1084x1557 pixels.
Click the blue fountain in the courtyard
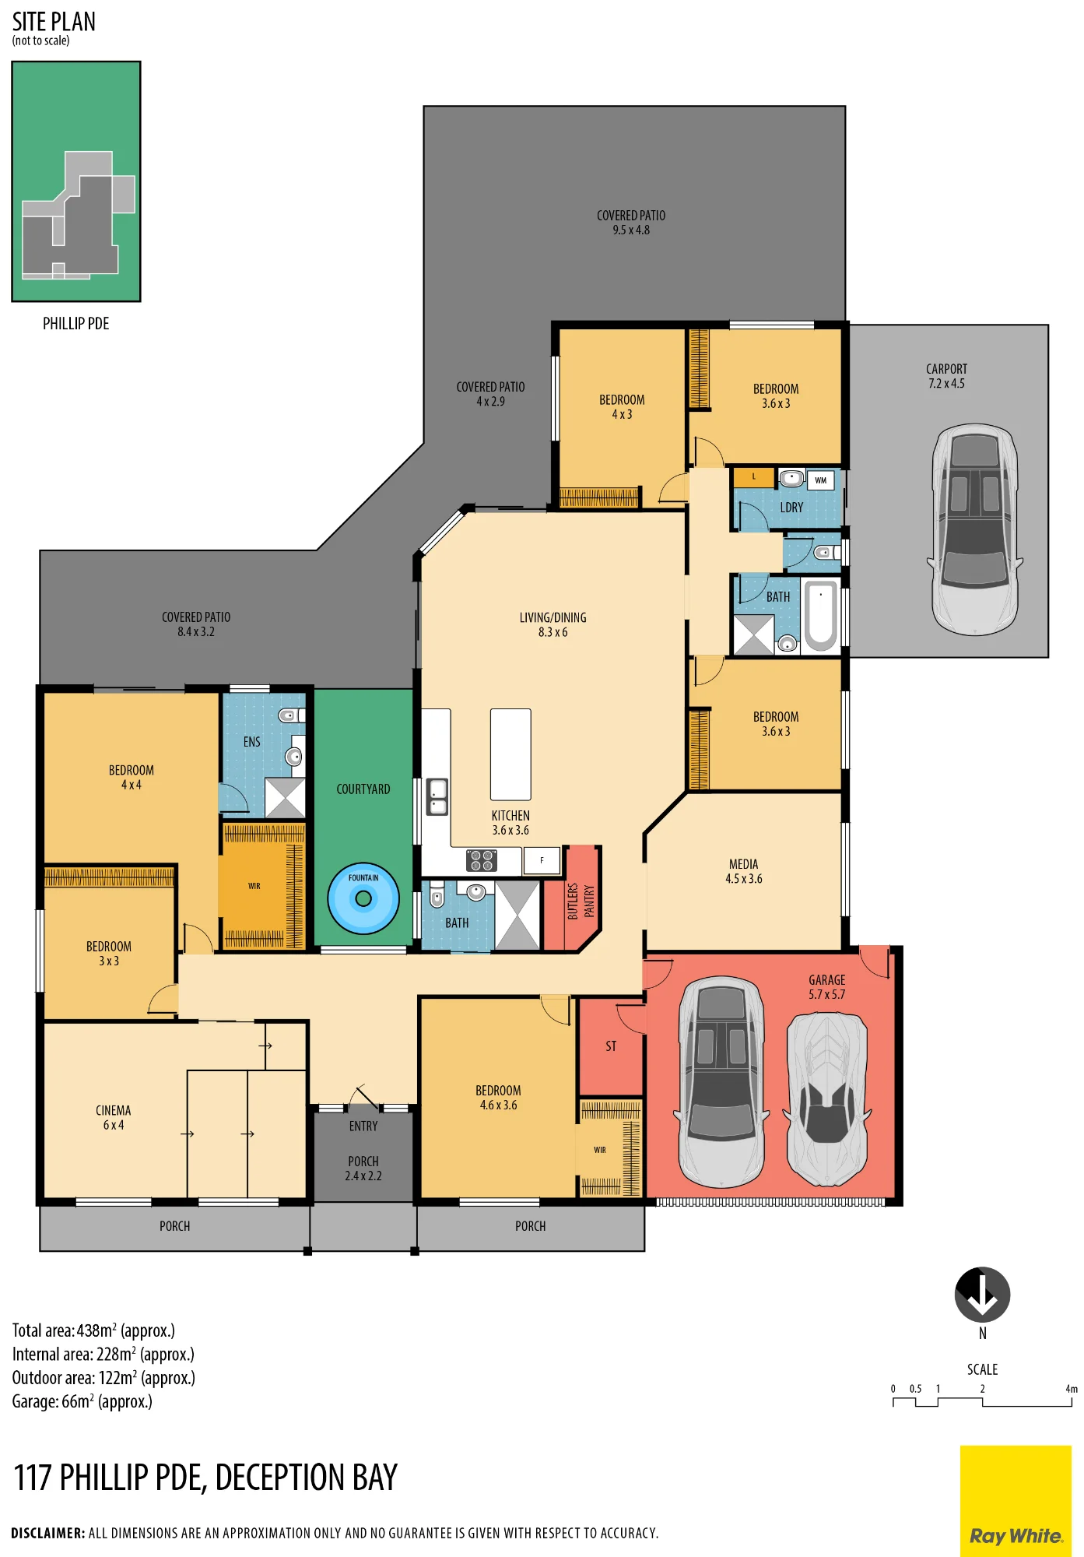coord(363,898)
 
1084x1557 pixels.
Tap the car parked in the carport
coord(975,529)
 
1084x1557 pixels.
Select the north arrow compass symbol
coord(982,1295)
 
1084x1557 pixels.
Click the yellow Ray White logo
coord(1016,1501)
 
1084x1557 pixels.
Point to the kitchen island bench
coord(510,754)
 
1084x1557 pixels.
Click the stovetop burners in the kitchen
coord(482,860)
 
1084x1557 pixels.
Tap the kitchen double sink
coord(437,796)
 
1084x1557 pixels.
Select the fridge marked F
coord(542,860)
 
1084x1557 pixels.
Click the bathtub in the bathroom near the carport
coord(820,615)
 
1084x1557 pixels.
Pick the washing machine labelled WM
coord(821,480)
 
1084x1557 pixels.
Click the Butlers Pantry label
coord(581,901)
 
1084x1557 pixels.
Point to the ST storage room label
coord(611,1046)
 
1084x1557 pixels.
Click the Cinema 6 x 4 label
coord(114,1117)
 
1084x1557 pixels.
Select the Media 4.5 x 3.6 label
coord(744,871)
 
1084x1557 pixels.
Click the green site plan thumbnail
coord(76,181)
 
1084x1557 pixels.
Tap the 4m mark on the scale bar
coord(1072,1389)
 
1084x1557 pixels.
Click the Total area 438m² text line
coord(93,1330)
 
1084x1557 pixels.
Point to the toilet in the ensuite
coord(291,715)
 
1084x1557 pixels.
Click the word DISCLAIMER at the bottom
coord(48,1533)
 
